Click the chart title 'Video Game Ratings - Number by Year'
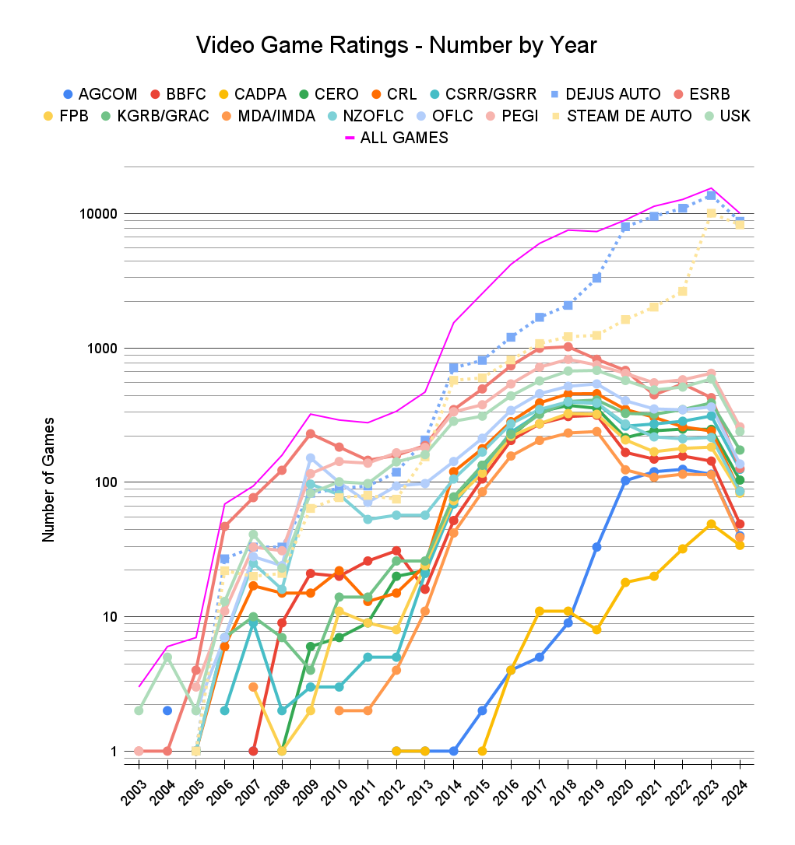point(396,45)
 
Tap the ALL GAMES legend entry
point(396,138)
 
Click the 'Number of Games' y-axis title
point(48,479)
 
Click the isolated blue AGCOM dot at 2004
point(167,710)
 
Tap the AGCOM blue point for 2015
point(482,710)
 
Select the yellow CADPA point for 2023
point(711,524)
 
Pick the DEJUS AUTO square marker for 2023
point(711,195)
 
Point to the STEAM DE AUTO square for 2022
point(682,291)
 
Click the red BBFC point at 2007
point(253,751)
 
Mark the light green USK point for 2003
point(139,710)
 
